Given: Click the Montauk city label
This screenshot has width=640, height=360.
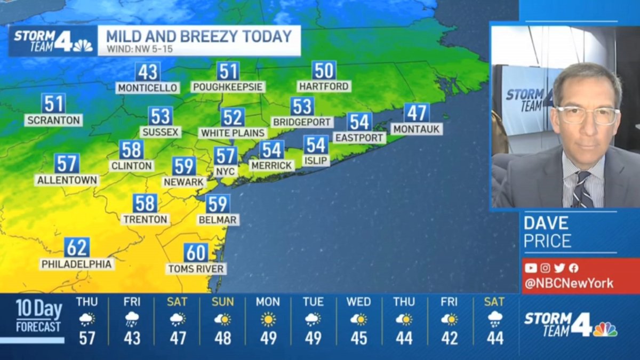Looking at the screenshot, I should (417, 129).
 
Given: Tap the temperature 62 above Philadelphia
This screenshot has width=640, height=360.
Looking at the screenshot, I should (77, 247).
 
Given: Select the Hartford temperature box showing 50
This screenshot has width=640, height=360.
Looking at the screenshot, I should (324, 70).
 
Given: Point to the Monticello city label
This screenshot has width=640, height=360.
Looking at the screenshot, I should (147, 87).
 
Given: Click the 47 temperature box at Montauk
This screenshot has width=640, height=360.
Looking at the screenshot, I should (417, 113).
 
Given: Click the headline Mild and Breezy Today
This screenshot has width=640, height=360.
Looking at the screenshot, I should (199, 36).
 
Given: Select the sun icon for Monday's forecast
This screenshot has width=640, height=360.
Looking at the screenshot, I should (268, 319).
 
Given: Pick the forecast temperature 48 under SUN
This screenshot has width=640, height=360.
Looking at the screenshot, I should (222, 339).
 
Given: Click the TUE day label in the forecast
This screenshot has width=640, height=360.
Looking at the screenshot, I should (313, 302).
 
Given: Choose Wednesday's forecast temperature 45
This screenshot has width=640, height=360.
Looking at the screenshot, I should (358, 339).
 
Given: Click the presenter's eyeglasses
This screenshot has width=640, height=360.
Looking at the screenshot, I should (588, 115).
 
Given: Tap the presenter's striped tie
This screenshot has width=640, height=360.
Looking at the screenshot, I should (582, 189).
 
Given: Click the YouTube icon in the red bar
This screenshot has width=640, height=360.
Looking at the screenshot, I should (530, 268).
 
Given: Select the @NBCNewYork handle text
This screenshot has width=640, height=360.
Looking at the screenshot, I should (569, 283).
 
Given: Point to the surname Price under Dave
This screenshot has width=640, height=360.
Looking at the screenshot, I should (547, 241).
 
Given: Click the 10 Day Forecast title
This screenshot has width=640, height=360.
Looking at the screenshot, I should (38, 316).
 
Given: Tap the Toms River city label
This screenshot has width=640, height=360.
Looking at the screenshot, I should (196, 269).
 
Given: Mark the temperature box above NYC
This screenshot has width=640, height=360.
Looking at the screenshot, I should (226, 156).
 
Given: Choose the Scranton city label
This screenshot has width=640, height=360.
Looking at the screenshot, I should (53, 121).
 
